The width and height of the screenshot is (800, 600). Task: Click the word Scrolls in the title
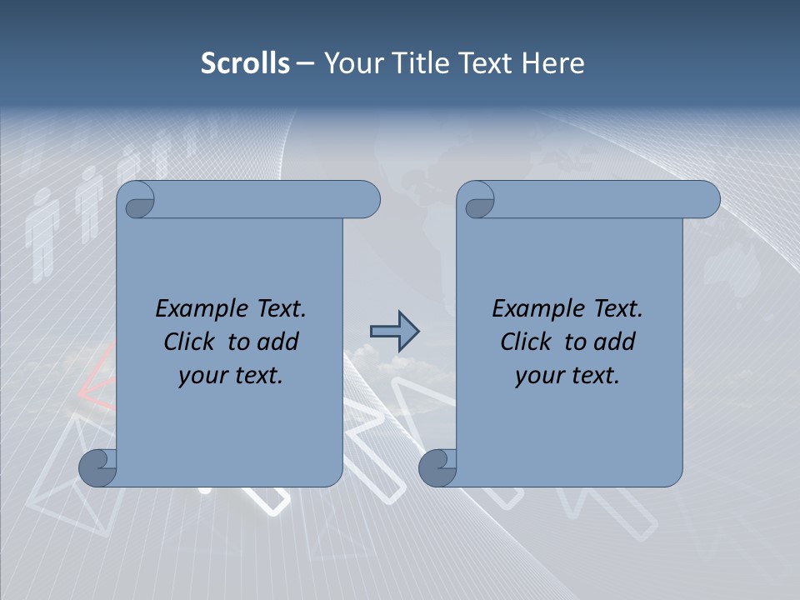(245, 63)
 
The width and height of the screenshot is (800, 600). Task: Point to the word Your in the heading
(352, 63)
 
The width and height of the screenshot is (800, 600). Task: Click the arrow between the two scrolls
(394, 332)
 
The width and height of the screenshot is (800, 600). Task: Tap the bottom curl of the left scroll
(97, 467)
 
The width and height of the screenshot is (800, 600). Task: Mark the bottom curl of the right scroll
(437, 467)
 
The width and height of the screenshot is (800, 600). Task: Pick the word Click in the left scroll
(189, 342)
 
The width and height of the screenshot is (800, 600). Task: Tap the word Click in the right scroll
(526, 342)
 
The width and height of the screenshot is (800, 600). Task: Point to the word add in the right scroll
(615, 342)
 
